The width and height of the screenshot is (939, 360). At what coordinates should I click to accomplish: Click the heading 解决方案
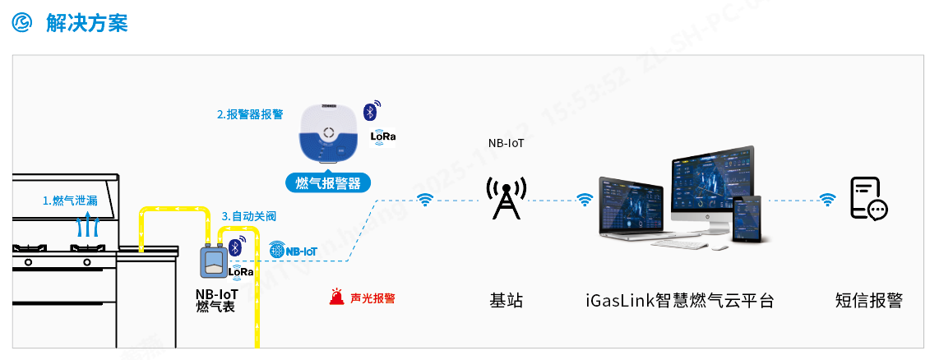pos(87,23)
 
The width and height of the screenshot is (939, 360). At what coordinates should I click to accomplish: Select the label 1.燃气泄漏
pos(70,201)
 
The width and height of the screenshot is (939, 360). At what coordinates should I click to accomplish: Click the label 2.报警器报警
pos(250,114)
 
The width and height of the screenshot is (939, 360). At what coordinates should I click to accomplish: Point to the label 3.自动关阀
pos(249,216)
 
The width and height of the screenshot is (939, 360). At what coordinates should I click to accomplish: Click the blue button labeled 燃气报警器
pos(328,183)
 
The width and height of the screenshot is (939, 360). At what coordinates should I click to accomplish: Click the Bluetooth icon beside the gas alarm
pos(371,110)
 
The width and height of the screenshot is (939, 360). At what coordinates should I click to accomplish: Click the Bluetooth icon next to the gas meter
pos(235,247)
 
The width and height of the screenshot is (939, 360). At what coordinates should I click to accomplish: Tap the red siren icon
pos(336,298)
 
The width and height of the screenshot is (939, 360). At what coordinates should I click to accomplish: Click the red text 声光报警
pos(372,298)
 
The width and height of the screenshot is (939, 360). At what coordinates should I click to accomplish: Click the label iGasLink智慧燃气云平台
pos(680,301)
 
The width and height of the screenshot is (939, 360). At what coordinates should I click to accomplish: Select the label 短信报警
pos(868,301)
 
